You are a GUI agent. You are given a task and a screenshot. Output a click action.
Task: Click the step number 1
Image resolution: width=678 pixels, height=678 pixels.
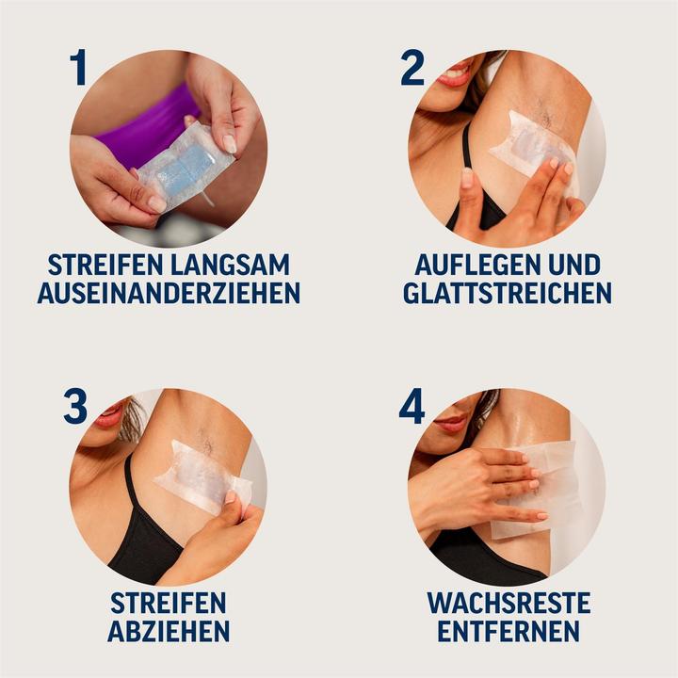(77, 68)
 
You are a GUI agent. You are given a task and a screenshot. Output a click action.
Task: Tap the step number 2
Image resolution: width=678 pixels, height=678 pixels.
(412, 68)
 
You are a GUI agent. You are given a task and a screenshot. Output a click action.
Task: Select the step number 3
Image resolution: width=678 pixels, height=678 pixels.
(75, 406)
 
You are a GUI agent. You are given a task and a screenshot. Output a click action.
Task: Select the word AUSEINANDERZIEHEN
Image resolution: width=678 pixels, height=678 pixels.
(169, 293)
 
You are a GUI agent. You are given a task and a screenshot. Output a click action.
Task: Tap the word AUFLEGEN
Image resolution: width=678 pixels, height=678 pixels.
(472, 265)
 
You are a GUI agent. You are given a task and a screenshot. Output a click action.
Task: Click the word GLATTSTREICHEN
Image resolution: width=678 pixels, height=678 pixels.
(508, 293)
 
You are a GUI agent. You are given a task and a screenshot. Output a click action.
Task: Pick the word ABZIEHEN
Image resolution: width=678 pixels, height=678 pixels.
(169, 631)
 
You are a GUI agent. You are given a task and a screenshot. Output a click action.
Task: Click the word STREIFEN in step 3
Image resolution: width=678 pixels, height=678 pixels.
(169, 603)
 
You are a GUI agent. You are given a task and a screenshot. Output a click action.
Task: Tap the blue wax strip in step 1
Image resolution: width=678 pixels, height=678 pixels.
(185, 169)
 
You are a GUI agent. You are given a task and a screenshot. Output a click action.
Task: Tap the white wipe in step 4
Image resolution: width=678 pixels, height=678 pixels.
(546, 485)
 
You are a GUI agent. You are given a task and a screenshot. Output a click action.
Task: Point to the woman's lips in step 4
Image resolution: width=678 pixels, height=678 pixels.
(449, 422)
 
